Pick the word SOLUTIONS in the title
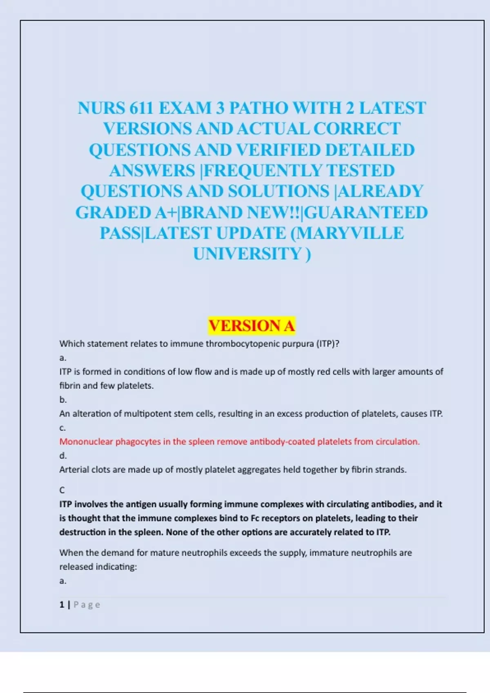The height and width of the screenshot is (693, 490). coord(278,192)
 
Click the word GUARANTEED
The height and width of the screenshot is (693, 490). coord(367,213)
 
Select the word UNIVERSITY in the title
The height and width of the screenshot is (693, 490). coord(247,254)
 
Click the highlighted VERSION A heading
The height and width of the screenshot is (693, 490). coord(252,326)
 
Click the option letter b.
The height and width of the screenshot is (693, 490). coord(62,400)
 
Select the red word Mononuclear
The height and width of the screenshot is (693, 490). coord(86,442)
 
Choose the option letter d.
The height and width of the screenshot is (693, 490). coord(62,456)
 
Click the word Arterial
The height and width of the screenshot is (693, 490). coord(74,470)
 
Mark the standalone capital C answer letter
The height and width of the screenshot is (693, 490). coord(62,490)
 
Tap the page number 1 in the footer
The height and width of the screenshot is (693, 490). coord(62,605)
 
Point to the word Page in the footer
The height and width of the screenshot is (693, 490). coord(87,605)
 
